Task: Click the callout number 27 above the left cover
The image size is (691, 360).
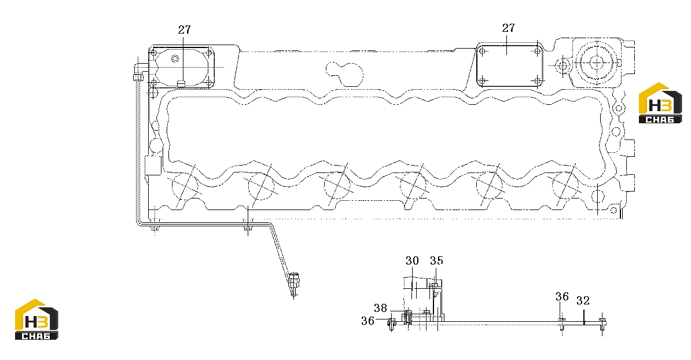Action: pos(184,30)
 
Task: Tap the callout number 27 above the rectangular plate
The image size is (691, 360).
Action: pos(508,28)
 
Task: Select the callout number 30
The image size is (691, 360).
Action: pos(412,261)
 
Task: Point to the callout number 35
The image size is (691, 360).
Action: pos(436,261)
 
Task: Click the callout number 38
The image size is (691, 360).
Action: pos(380,307)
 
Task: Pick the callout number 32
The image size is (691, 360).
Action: pos(583,300)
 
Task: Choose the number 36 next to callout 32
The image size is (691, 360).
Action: pos(562,296)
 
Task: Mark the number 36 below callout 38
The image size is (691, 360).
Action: pos(367,321)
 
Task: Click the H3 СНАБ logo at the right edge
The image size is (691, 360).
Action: pos(660,102)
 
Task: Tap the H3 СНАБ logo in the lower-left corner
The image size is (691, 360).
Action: pos(36,319)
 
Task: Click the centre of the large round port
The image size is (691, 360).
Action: pos(597,63)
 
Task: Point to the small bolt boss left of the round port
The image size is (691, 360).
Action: pos(563,66)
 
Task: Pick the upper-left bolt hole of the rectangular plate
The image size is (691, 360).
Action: pos(483,52)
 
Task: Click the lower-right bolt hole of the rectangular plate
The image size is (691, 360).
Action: pos(536,81)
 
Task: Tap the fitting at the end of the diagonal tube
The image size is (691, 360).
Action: pos(293,281)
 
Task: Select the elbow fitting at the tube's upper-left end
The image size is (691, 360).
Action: pos(138,72)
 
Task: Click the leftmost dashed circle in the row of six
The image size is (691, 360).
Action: pos(184,185)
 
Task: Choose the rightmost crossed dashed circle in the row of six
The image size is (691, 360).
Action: pos(565,185)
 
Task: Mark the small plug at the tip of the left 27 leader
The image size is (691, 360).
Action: pos(181,84)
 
